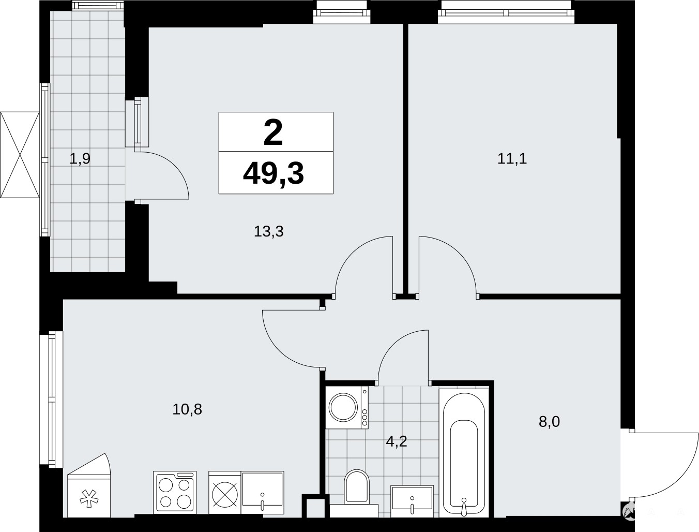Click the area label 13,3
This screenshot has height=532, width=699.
tap(268, 231)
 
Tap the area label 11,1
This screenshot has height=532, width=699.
tap(512, 158)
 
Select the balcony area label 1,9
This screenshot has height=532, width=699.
tap(80, 159)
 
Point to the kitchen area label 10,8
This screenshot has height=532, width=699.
tap(187, 409)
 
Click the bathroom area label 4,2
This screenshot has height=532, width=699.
tap(397, 441)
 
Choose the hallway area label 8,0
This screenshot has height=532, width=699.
tap(550, 422)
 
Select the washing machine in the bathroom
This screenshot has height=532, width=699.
tap(347, 407)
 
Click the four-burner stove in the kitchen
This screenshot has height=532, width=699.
tap(175, 492)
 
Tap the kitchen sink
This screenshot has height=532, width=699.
tap(263, 492)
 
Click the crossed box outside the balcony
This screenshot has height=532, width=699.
tap(20, 155)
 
